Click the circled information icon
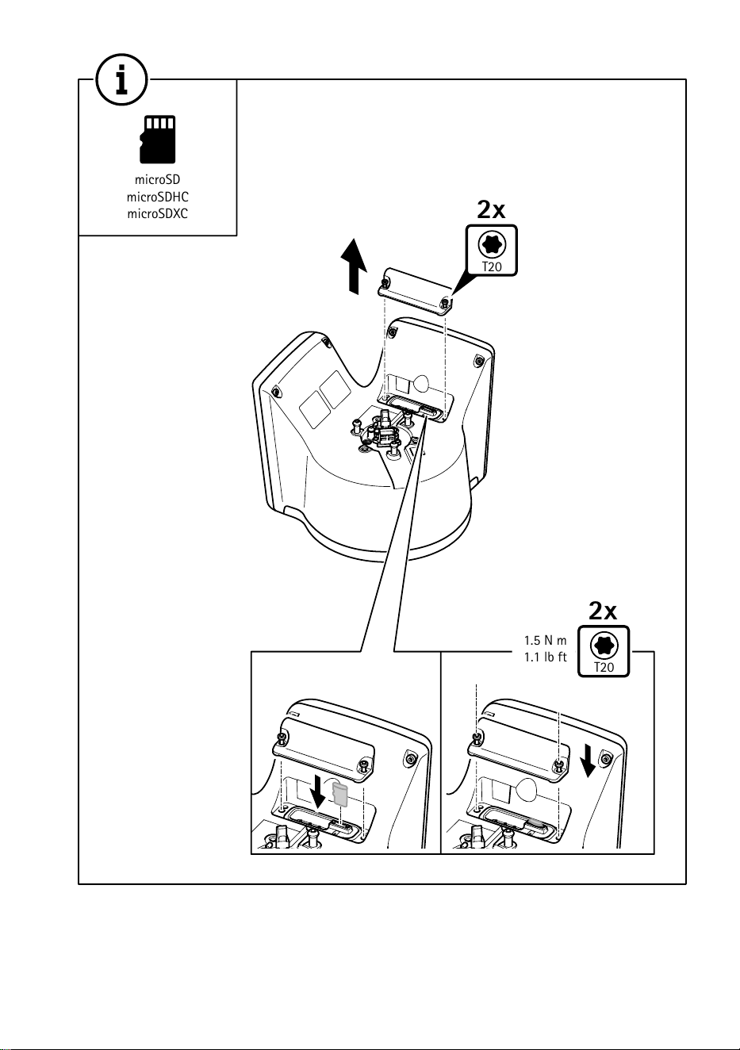pyautogui.click(x=121, y=79)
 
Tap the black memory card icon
pyautogui.click(x=158, y=140)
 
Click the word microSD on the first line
pyautogui.click(x=158, y=179)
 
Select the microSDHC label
pyautogui.click(x=158, y=197)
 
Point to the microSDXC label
pyautogui.click(x=158, y=214)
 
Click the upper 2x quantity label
pyautogui.click(x=491, y=209)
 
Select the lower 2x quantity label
pyautogui.click(x=603, y=611)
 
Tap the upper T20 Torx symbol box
pyautogui.click(x=492, y=251)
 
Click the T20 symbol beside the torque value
pyautogui.click(x=604, y=652)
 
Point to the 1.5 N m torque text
pyautogui.click(x=545, y=640)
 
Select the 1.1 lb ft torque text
pyautogui.click(x=545, y=657)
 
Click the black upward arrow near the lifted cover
pyautogui.click(x=354, y=266)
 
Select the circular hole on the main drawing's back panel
pyautogui.click(x=422, y=382)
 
